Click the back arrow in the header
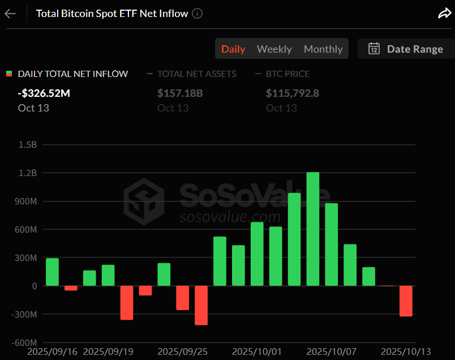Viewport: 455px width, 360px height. (x=10, y=14)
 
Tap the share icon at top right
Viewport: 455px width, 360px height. (x=444, y=14)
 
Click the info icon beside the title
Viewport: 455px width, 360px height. (x=198, y=14)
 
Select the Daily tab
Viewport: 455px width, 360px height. (x=233, y=49)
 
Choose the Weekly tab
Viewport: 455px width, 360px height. (x=274, y=49)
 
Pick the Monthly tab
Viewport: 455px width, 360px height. (x=323, y=49)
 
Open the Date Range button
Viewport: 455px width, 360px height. (x=406, y=49)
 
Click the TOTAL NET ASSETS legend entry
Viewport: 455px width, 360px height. (x=196, y=74)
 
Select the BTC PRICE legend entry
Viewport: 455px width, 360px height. (x=290, y=74)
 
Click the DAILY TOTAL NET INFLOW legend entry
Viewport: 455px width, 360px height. (x=73, y=74)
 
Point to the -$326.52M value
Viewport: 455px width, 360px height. (x=44, y=93)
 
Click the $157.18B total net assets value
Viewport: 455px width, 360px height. (x=180, y=93)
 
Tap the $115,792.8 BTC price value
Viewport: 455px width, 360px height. (x=293, y=93)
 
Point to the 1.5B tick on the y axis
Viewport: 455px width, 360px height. (x=28, y=145)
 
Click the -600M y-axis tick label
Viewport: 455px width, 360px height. (x=25, y=342)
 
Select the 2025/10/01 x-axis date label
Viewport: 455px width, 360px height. (x=256, y=351)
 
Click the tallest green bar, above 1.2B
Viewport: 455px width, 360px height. (x=313, y=229)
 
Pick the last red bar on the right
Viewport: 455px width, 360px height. (x=406, y=301)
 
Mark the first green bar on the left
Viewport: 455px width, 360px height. (x=52, y=272)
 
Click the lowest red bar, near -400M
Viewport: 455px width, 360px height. (x=201, y=305)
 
